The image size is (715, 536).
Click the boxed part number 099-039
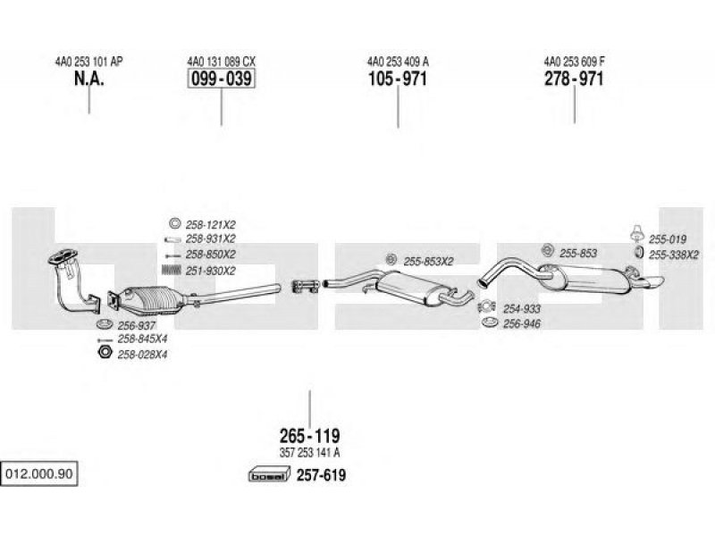coord(222,79)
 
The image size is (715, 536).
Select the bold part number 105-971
coord(398,79)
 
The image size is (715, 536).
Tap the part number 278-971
coord(574,79)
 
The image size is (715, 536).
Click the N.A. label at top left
coord(88,79)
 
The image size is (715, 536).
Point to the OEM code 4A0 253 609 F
coord(574,61)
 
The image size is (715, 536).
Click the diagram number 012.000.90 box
coord(38,473)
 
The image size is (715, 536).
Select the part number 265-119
coord(309,436)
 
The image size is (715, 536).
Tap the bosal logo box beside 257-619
coord(270,475)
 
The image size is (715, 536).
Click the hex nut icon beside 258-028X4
coord(105,352)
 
